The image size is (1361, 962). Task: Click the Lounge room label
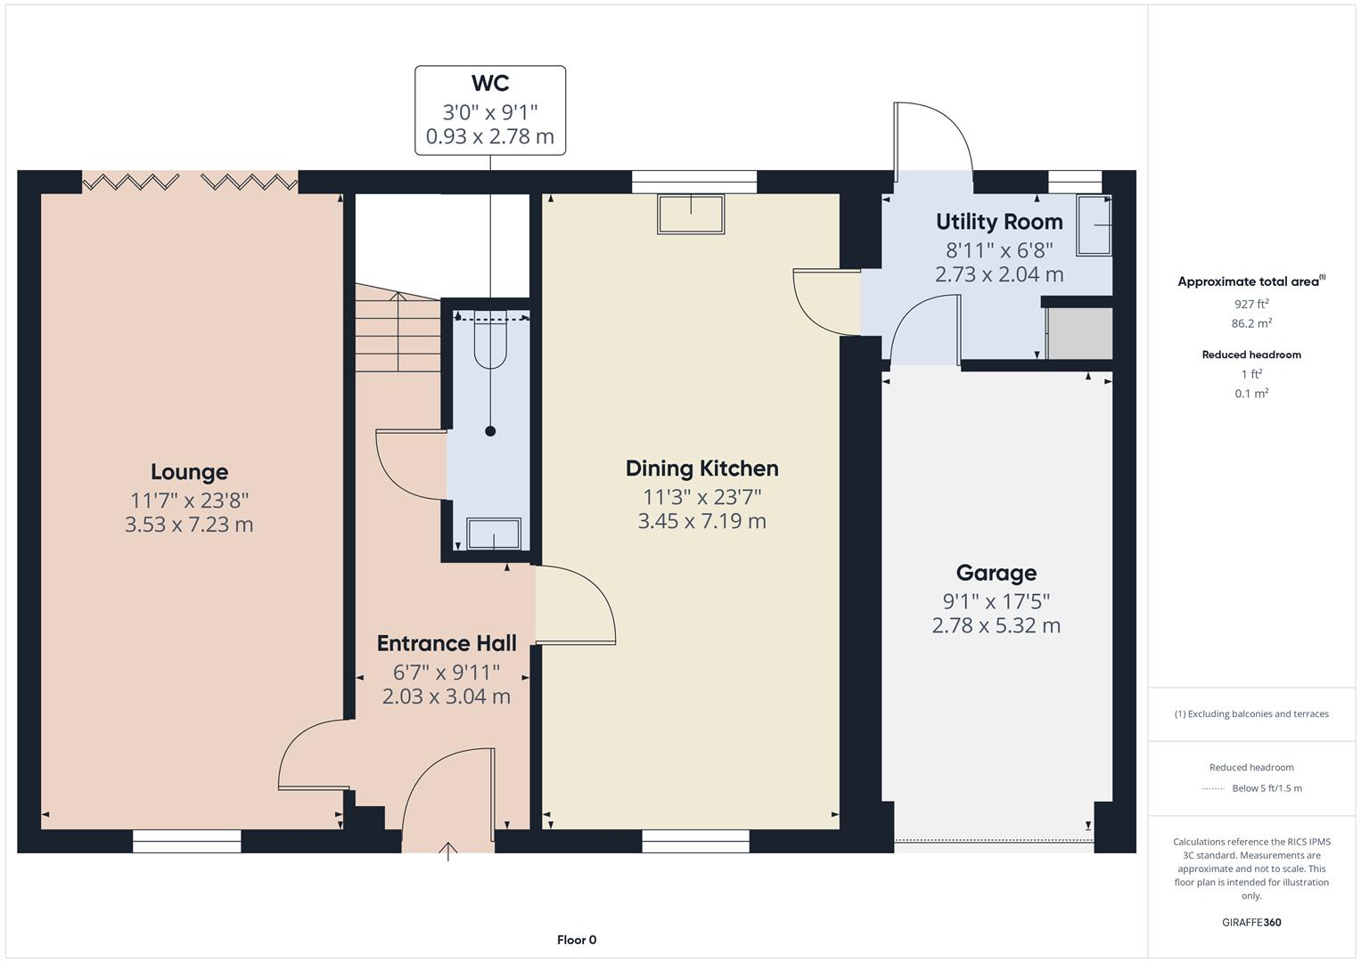pos(189,472)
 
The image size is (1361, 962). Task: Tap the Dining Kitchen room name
pos(701,469)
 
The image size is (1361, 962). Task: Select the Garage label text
pos(996,573)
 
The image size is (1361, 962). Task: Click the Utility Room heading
pos(999,222)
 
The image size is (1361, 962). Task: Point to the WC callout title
pos(489,84)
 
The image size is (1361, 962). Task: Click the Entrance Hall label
pos(447,643)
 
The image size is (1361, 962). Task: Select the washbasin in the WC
pos(493,534)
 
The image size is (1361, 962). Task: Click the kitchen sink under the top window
pos(691,215)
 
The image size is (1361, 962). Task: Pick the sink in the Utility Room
pos(1095,226)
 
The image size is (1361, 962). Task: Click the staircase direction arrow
pos(398,330)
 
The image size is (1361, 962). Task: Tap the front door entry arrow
pos(448,852)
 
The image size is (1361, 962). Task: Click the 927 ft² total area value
pos(1251,304)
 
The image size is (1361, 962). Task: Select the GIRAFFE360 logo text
pos(1251,922)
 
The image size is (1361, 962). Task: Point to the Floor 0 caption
pos(577,940)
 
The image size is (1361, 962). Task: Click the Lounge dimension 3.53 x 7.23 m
pos(189,525)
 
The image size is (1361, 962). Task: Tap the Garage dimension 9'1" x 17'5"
pos(996,601)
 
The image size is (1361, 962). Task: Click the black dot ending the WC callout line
pos(490,431)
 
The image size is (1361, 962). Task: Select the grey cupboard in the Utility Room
pos(1079,333)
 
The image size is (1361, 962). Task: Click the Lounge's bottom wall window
pos(186,841)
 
